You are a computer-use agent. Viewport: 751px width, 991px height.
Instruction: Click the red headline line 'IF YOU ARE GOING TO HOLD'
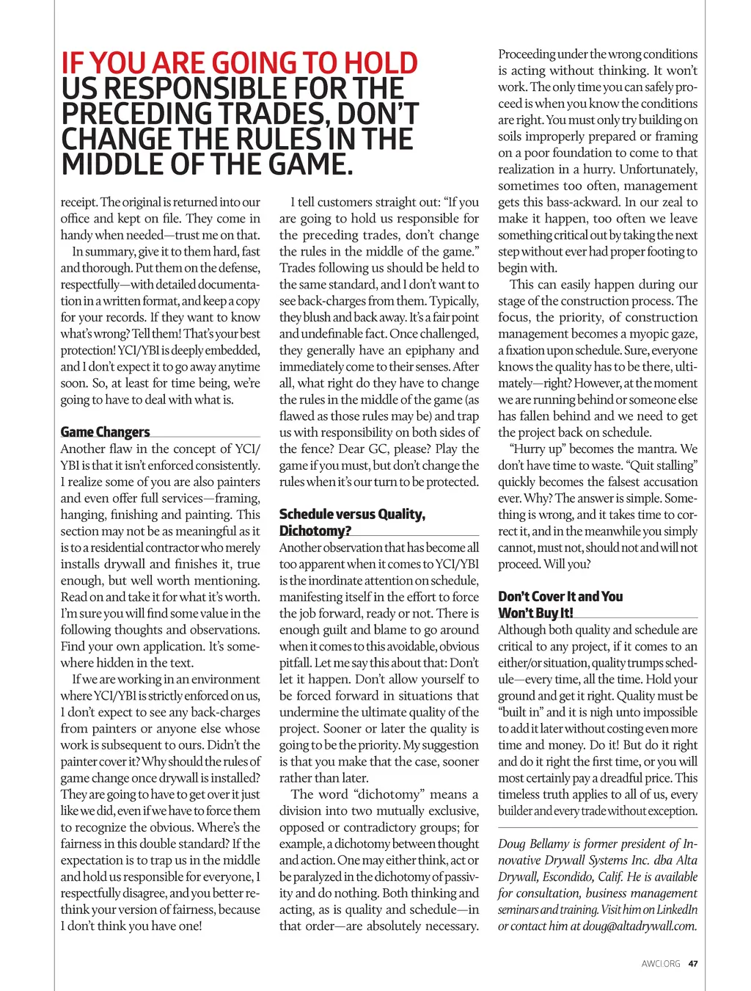pyautogui.click(x=239, y=64)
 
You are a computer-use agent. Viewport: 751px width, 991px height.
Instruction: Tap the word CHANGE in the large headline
pyautogui.click(x=112, y=139)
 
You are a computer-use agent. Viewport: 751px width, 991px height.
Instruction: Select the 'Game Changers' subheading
pyautogui.click(x=105, y=432)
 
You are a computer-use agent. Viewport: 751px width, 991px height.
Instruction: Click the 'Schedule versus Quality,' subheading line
pyautogui.click(x=352, y=515)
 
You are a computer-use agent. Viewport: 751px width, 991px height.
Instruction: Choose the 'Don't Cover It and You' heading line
pyautogui.click(x=560, y=597)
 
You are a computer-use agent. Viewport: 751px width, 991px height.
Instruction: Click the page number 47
pyautogui.click(x=693, y=964)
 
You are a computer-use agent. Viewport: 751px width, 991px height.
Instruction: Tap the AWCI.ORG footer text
pyautogui.click(x=661, y=964)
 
